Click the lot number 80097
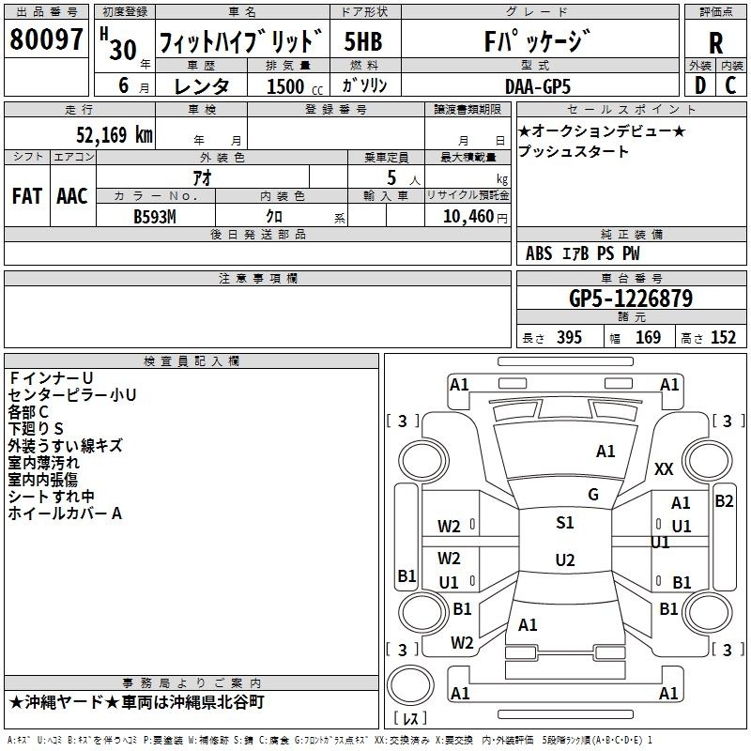pos(46,38)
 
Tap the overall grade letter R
pos(715,42)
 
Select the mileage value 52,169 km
pos(115,134)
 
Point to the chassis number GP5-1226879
pos(631,299)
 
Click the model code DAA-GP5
pos(538,86)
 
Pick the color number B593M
pos(155,217)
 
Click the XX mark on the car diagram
pos(664,468)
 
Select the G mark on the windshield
pos(593,495)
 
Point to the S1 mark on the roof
pos(565,522)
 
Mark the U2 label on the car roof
pos(565,559)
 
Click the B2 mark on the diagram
pos(724,501)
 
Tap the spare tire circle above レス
pos(410,685)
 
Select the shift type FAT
pos(27,196)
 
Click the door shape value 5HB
pos(363,41)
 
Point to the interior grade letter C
pos(730,85)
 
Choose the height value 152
pos(723,337)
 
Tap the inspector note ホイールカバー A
pos(65,513)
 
